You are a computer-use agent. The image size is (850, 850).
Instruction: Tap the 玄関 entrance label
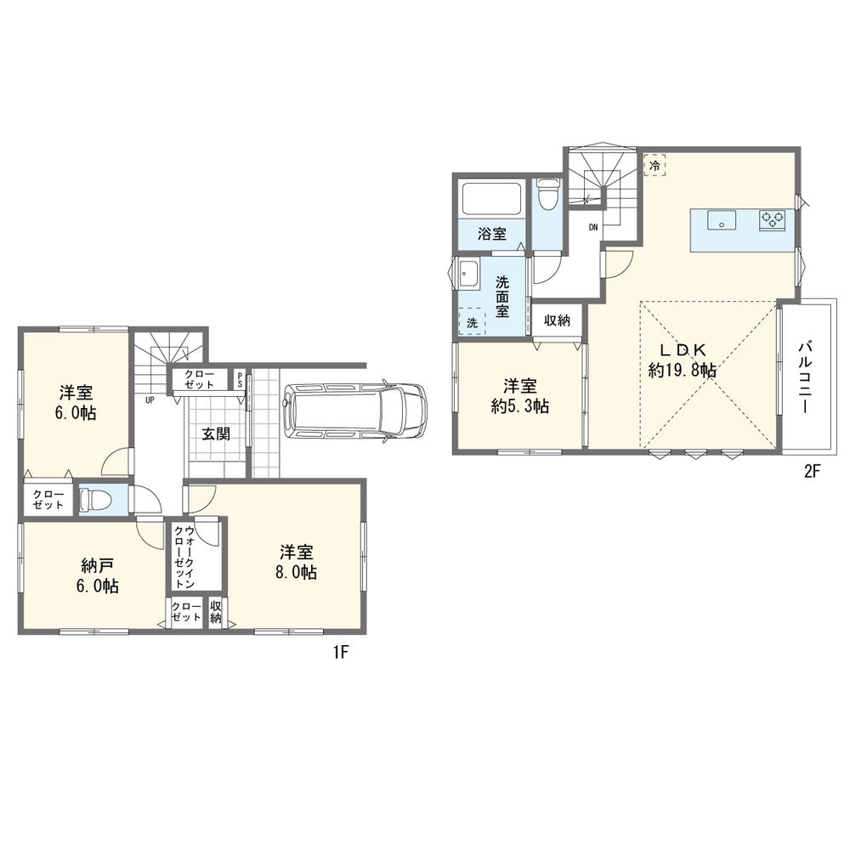click(x=216, y=433)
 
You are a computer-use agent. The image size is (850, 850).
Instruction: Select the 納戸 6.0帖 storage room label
click(x=98, y=576)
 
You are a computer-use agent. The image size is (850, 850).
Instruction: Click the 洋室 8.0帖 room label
click(x=296, y=563)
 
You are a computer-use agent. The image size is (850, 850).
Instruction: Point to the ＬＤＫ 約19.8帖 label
click(x=683, y=360)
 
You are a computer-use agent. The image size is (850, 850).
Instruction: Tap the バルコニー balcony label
click(x=805, y=377)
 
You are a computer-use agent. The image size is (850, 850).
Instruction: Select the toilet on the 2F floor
click(x=546, y=194)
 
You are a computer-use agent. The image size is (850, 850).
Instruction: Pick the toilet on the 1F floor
click(x=92, y=499)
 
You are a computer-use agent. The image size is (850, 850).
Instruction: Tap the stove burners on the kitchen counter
click(x=773, y=220)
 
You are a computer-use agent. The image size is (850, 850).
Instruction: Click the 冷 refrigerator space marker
click(x=654, y=166)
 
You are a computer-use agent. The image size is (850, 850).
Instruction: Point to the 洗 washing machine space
click(x=472, y=322)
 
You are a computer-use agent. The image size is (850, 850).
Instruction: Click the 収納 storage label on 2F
click(x=558, y=320)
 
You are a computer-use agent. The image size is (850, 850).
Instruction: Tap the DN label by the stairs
click(x=593, y=227)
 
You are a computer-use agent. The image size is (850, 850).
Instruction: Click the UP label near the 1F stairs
click(x=150, y=400)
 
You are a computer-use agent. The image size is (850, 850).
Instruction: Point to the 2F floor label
click(x=812, y=472)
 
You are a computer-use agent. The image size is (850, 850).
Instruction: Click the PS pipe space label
click(x=240, y=379)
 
